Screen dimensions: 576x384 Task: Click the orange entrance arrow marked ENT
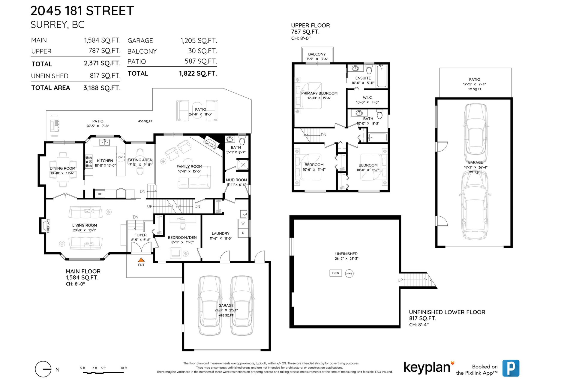coord(141,260)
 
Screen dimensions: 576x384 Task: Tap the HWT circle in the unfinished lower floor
coord(349,274)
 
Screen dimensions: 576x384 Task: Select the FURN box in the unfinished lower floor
coord(336,273)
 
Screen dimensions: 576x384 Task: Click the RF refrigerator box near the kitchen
coord(100,194)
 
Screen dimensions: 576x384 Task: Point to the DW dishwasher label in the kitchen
coord(120,157)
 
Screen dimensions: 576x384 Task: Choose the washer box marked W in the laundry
coord(243,223)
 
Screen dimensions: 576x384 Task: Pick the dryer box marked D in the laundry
coord(243,233)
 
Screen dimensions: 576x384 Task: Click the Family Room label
coord(189,166)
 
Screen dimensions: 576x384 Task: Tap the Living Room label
coord(85,225)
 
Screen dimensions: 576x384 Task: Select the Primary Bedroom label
coord(319,93)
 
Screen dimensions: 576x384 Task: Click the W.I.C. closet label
coord(367,97)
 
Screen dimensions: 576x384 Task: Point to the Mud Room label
coord(236,180)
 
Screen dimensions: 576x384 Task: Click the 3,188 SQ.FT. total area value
coord(102,88)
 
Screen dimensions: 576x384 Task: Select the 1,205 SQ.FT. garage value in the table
coord(199,40)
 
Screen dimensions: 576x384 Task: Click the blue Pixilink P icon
coord(511,368)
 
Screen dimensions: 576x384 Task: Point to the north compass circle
coord(43,369)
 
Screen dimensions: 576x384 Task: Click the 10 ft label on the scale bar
coord(124,368)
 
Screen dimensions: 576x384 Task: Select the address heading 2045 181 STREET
coord(82,11)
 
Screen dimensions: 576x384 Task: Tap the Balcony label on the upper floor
coord(317,54)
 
